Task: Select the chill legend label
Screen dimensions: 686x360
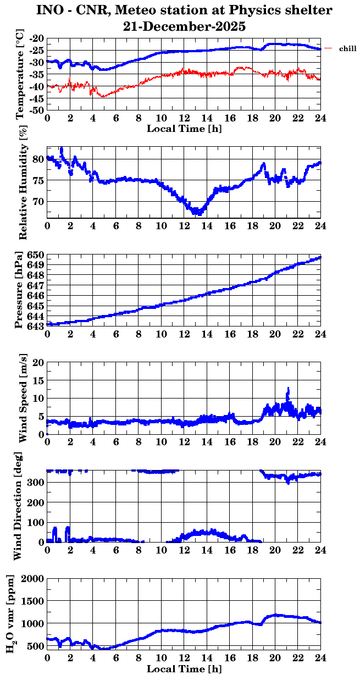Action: pyautogui.click(x=347, y=49)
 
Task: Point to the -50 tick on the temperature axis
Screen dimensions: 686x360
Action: pyautogui.click(x=37, y=110)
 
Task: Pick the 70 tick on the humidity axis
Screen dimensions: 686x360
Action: pyautogui.click(x=40, y=201)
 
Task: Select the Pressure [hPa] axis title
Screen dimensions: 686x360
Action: pyautogui.click(x=20, y=290)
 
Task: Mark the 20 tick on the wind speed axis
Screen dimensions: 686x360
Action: pyautogui.click(x=38, y=362)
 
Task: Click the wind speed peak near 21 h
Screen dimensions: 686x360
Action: pyautogui.click(x=287, y=389)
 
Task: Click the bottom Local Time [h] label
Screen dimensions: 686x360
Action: pyautogui.click(x=184, y=669)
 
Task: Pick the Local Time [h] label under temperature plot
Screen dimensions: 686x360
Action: pyautogui.click(x=184, y=128)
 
